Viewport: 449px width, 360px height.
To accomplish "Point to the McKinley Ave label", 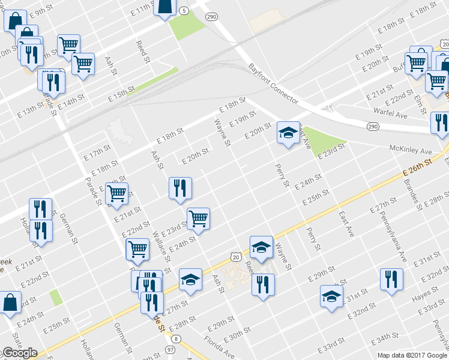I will (411, 151).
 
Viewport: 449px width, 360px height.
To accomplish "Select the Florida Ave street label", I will (219, 349).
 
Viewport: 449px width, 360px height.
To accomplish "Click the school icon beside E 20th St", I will (288, 133).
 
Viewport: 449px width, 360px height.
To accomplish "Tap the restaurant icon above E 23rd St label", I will (179, 188).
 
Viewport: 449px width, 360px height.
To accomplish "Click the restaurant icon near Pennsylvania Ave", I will (391, 279).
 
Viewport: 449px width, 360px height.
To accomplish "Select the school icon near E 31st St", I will (331, 296).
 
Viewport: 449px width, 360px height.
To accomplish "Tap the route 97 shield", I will (171, 349).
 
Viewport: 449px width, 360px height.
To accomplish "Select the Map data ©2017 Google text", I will (412, 355).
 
